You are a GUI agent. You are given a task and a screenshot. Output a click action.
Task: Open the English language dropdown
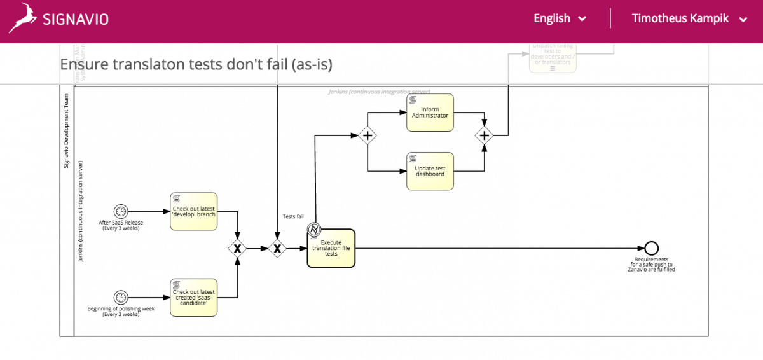(560, 18)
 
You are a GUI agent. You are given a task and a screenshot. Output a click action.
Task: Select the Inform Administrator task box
(430, 113)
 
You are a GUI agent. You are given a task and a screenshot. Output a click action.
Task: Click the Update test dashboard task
(430, 171)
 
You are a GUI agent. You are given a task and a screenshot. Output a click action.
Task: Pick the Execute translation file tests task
(331, 249)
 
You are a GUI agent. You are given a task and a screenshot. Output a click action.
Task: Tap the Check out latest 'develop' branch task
(194, 211)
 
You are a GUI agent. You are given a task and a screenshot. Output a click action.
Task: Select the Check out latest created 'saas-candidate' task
(194, 298)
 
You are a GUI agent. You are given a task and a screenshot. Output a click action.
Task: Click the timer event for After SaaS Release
(120, 211)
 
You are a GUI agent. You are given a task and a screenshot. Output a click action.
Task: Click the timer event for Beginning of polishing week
(120, 298)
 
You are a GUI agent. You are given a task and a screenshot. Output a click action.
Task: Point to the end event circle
(651, 249)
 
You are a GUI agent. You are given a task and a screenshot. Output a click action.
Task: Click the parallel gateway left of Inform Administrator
(367, 135)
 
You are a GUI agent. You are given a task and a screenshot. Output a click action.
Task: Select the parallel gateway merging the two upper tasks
(485, 135)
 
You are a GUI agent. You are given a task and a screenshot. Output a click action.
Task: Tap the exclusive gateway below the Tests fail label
(277, 249)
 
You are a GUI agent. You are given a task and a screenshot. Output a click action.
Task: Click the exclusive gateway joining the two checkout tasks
(237, 249)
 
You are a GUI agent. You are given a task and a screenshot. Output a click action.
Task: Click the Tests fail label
(292, 216)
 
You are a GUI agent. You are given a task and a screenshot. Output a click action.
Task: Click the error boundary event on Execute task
(313, 229)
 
